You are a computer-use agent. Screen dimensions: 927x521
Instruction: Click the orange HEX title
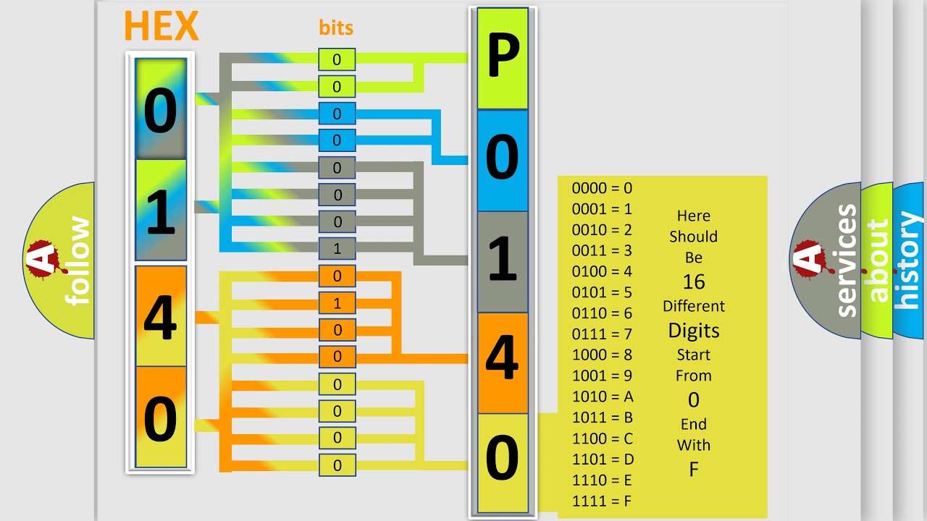(x=162, y=25)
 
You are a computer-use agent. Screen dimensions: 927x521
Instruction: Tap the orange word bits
(x=336, y=27)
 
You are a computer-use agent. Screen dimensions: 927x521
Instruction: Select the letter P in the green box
(x=503, y=55)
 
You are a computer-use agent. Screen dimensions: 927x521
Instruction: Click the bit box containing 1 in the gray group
(x=337, y=248)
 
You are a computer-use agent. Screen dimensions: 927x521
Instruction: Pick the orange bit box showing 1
(x=337, y=303)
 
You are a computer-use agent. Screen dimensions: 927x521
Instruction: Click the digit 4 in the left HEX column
(x=161, y=318)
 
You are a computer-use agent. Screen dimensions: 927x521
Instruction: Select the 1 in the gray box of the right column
(x=503, y=258)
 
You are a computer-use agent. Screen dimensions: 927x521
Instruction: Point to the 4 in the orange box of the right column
(x=502, y=357)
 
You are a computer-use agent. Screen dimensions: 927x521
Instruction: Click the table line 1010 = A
(x=603, y=397)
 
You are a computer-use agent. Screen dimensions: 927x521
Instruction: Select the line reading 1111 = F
(x=602, y=501)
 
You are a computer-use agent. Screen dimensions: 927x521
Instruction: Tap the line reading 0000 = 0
(x=602, y=188)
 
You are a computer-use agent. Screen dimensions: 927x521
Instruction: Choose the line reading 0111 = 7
(x=602, y=334)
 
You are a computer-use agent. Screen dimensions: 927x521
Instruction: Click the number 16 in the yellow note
(x=694, y=281)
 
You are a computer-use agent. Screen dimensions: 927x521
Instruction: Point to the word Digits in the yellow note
(x=694, y=331)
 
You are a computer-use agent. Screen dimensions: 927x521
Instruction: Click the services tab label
(x=846, y=260)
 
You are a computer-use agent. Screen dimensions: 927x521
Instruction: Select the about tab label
(x=879, y=260)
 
